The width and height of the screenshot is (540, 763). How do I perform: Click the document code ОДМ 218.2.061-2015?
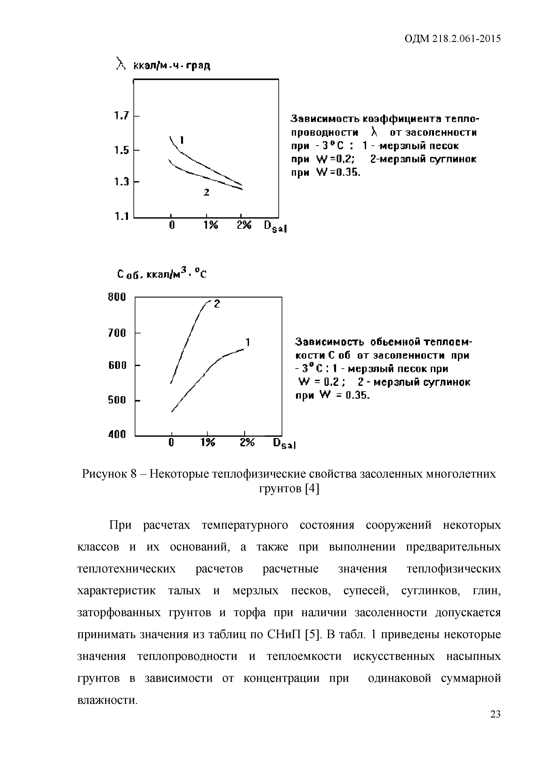tap(452, 39)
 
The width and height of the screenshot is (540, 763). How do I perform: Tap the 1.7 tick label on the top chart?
tap(121, 116)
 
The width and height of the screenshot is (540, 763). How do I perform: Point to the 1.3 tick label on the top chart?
tap(121, 182)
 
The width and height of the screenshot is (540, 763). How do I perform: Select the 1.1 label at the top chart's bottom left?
tap(121, 217)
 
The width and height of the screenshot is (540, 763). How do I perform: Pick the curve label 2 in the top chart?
tap(206, 192)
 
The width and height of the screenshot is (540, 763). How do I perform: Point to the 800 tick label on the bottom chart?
tap(117, 297)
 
